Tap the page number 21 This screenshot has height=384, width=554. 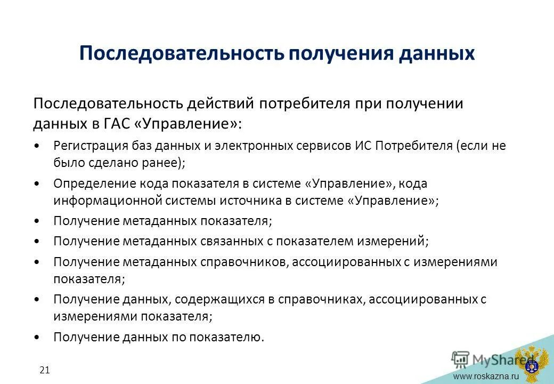tap(44, 370)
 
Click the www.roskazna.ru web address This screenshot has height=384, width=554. tap(485, 377)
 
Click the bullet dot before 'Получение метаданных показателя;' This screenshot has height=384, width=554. tap(36, 221)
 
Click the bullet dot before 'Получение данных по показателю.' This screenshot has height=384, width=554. tap(36, 338)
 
